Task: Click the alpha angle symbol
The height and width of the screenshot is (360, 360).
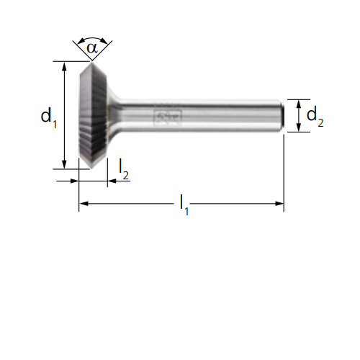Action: (x=92, y=48)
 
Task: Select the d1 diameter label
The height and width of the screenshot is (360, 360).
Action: (x=49, y=117)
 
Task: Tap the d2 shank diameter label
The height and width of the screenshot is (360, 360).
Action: (x=315, y=117)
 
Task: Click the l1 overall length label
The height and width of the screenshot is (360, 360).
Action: (x=184, y=204)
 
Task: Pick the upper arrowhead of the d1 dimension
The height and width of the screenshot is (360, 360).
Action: (x=64, y=66)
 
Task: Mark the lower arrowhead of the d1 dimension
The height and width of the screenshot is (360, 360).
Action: (x=64, y=164)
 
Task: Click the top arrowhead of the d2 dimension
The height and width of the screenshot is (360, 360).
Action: (x=299, y=104)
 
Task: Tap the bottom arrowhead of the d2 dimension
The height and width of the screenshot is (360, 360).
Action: (x=299, y=127)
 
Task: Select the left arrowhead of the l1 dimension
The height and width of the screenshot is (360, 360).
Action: (x=84, y=204)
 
